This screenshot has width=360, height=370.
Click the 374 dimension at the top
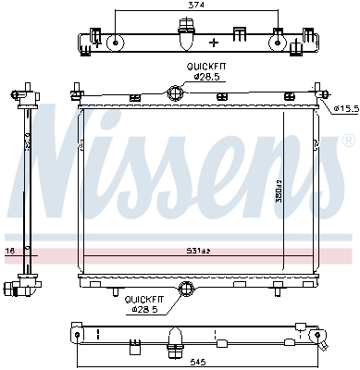click(193, 5)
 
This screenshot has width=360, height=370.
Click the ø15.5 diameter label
click(344, 109)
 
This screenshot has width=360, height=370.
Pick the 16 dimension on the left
click(9, 250)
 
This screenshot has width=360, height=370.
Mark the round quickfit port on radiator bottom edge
click(187, 290)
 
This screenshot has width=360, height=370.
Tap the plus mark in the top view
click(215, 43)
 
